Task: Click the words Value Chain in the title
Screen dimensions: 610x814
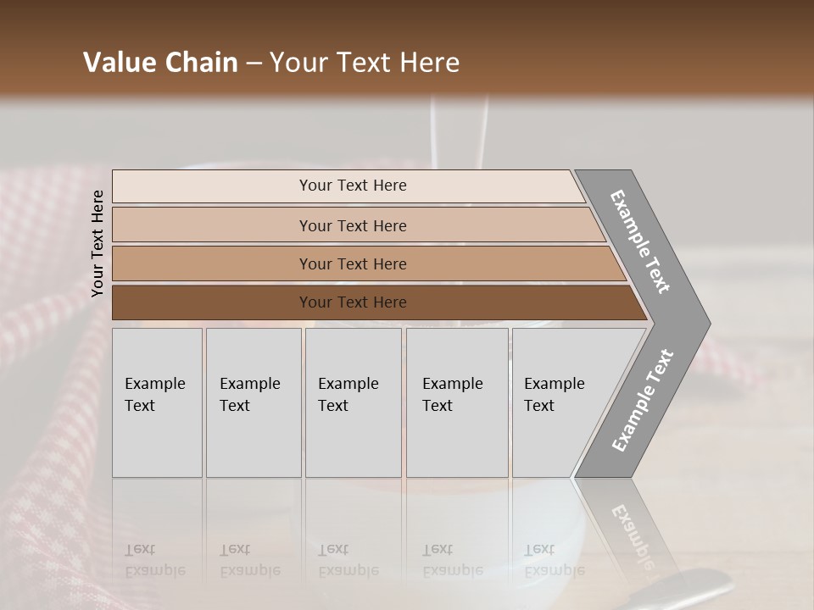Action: tap(160, 63)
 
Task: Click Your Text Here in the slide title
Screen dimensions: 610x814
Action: tap(365, 63)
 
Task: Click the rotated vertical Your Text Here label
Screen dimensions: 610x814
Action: tap(98, 244)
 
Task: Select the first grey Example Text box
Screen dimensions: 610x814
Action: tap(157, 402)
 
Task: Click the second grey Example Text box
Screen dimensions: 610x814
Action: tap(254, 402)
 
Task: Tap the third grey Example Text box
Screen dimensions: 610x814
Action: tap(353, 402)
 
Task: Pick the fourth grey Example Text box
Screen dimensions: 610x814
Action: tap(457, 402)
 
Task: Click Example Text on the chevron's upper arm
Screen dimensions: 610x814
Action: tap(641, 241)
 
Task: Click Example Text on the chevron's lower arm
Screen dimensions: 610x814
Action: tap(643, 400)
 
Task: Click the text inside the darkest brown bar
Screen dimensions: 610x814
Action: tap(353, 302)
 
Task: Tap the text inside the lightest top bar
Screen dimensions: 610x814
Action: tap(353, 186)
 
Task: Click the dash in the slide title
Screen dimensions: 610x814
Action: tap(254, 64)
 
